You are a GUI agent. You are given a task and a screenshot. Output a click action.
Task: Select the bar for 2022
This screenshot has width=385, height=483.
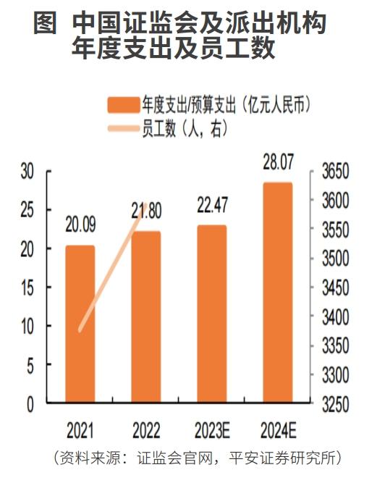click(x=146, y=319)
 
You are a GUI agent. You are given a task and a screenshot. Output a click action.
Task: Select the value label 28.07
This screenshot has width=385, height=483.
click(x=279, y=164)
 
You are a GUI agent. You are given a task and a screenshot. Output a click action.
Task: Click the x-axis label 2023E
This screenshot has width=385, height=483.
click(x=212, y=432)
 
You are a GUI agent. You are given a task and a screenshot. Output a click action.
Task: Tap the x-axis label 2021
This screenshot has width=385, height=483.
click(x=80, y=432)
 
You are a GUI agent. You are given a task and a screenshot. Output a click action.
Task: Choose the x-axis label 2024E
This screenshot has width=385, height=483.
click(x=279, y=432)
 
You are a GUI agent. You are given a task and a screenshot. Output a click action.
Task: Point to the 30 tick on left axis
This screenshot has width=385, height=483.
click(x=27, y=172)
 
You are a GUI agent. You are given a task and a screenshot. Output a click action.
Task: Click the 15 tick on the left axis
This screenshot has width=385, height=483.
click(x=27, y=288)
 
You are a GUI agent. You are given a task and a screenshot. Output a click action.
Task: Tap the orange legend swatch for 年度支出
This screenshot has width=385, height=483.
click(x=124, y=106)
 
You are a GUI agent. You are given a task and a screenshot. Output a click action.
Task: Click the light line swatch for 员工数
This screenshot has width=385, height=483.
click(x=124, y=129)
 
